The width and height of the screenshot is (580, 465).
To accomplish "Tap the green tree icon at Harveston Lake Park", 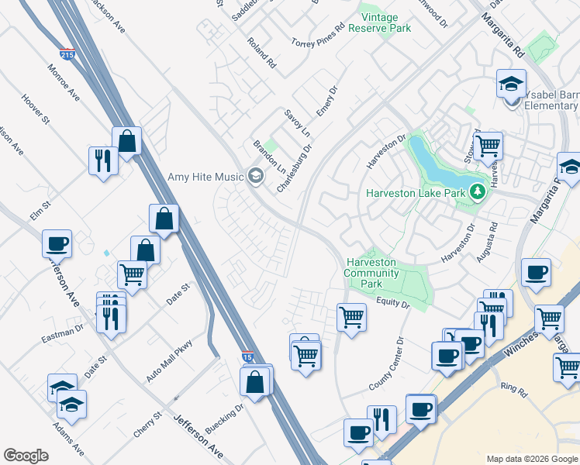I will pyautogui.click(x=478, y=192).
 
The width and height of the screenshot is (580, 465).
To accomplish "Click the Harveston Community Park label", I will pyautogui.click(x=372, y=273).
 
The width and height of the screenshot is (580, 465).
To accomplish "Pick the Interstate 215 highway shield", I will pyautogui.click(x=67, y=55).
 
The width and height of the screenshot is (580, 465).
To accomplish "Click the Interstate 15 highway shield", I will pyautogui.click(x=247, y=357).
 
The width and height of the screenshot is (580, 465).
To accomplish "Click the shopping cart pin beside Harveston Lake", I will pyautogui.click(x=488, y=145).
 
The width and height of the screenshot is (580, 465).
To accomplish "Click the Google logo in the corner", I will pyautogui.click(x=26, y=456).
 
